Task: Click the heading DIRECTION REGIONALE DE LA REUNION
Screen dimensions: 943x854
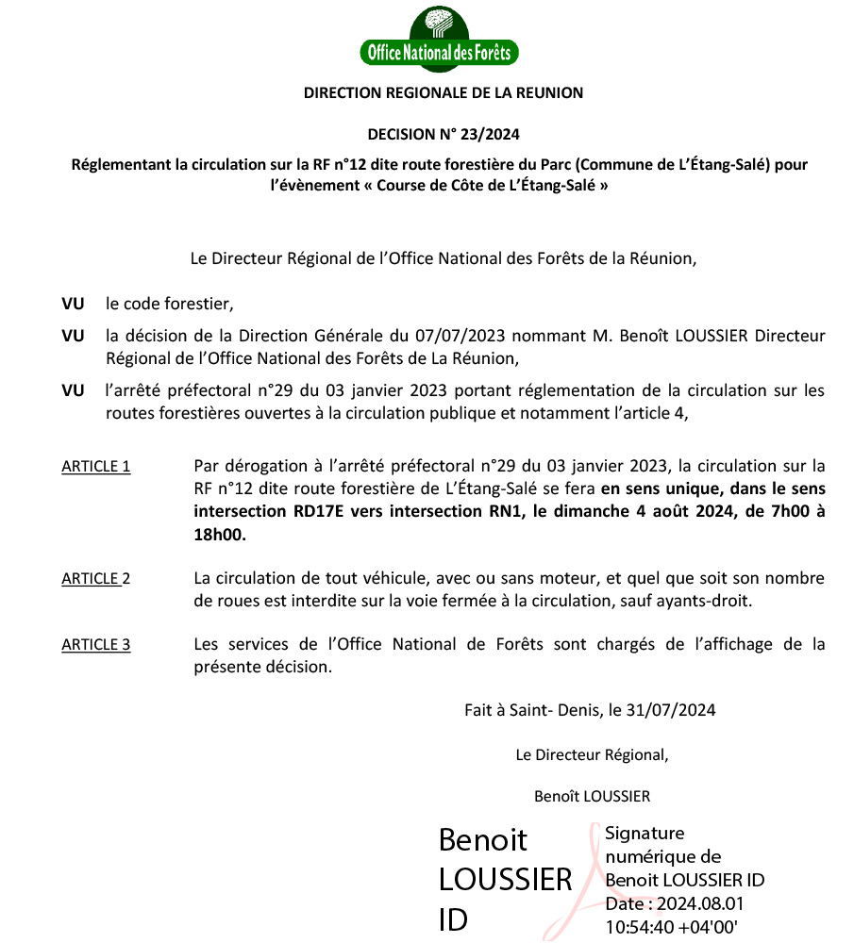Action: pyautogui.click(x=444, y=92)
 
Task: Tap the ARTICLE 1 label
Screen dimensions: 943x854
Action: pyautogui.click(x=95, y=466)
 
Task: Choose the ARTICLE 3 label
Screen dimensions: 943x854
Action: pyautogui.click(x=95, y=645)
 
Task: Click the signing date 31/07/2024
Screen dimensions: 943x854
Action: pyautogui.click(x=681, y=709)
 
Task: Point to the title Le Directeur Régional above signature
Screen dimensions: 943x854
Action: pyautogui.click(x=592, y=754)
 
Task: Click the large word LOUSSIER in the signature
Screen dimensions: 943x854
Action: pyautogui.click(x=506, y=879)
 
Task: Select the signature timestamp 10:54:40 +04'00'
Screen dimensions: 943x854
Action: pyautogui.click(x=671, y=926)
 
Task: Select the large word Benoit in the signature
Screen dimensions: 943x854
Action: pyautogui.click(x=483, y=839)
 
